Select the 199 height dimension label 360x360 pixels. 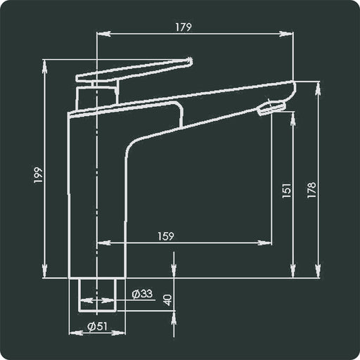tap(39, 176)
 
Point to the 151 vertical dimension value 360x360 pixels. tap(286, 191)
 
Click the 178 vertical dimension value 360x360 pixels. tap(311, 190)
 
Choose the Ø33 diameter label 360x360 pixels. tap(142, 294)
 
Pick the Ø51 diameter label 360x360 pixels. tap(96, 326)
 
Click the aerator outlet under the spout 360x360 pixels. tap(271, 108)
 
